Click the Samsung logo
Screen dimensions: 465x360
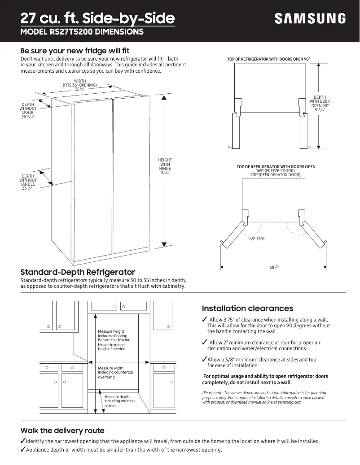tap(310, 18)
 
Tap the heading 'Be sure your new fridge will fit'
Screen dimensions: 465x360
tap(75, 51)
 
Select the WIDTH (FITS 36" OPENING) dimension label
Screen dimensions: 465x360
tap(80, 85)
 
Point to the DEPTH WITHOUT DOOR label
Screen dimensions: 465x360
tap(28, 110)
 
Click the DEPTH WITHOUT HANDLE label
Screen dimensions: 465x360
tap(28, 183)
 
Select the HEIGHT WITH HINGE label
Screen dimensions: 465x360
tap(165, 166)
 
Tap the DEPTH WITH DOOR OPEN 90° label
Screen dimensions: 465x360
tap(320, 103)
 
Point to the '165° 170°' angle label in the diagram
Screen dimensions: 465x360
tap(256, 239)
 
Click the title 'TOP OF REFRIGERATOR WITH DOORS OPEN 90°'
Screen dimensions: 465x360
tap(269, 59)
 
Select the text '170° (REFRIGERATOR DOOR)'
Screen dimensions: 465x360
tap(275, 175)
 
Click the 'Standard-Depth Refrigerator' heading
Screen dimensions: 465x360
tap(78, 272)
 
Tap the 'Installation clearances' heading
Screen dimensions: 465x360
tap(247, 309)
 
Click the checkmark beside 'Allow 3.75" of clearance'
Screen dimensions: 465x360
tap(205, 319)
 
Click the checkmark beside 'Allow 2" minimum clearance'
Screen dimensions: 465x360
tap(205, 343)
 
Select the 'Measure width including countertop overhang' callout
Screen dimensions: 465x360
tap(115, 373)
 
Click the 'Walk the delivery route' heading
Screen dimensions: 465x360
tap(62, 430)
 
